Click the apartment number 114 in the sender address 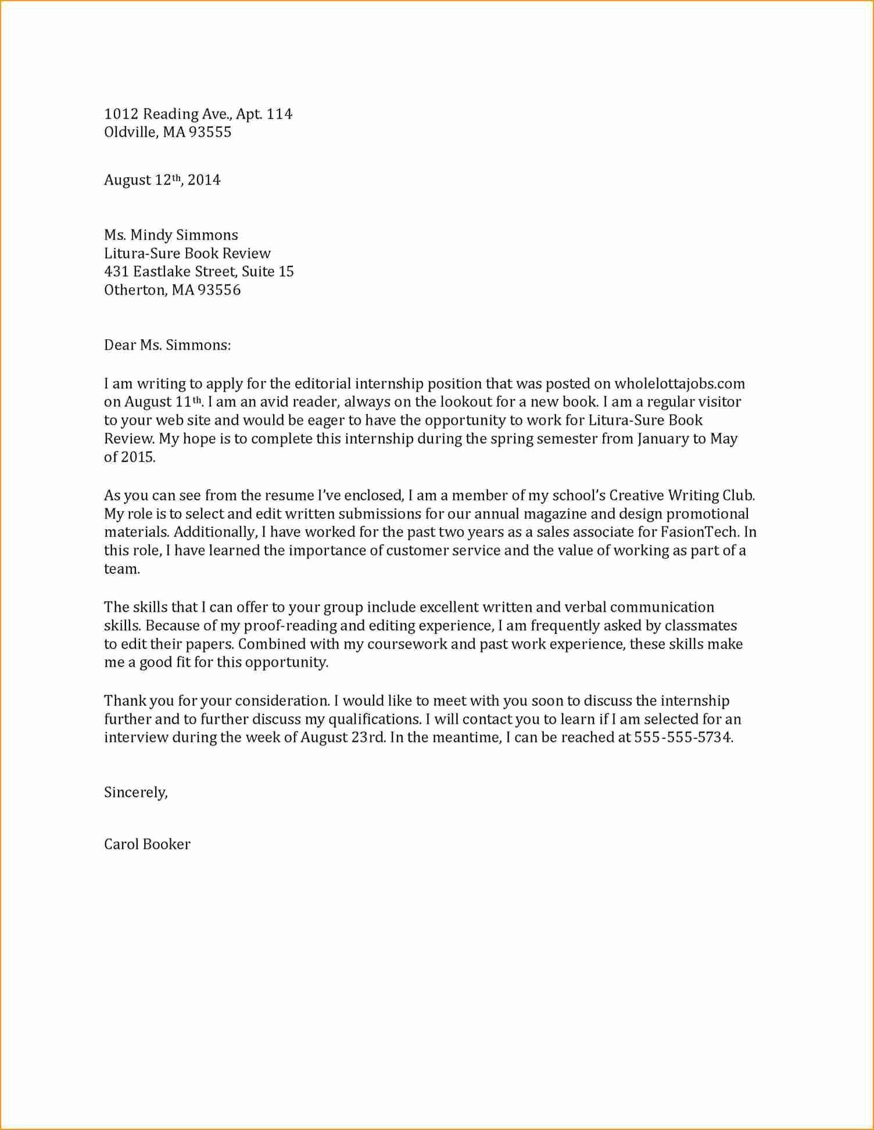click(279, 114)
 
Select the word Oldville click(130, 132)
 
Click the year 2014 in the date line click(204, 180)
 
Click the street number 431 click(116, 272)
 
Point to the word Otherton click(135, 290)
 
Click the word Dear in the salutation click(120, 346)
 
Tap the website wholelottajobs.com click(679, 384)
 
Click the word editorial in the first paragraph click(323, 384)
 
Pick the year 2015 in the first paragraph click(138, 458)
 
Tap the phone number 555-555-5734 click(683, 738)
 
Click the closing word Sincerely click(135, 793)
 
